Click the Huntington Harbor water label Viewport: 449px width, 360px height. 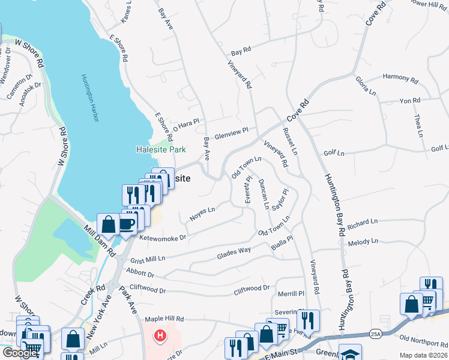(89, 98)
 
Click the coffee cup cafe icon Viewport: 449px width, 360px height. (127, 224)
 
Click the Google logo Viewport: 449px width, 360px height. (20, 353)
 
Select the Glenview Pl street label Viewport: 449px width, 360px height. (232, 133)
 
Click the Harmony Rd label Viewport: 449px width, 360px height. (400, 78)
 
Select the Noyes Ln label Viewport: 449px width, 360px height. (202, 214)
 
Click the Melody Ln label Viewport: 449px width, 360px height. (363, 242)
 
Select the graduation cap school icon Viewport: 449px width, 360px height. (350, 353)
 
